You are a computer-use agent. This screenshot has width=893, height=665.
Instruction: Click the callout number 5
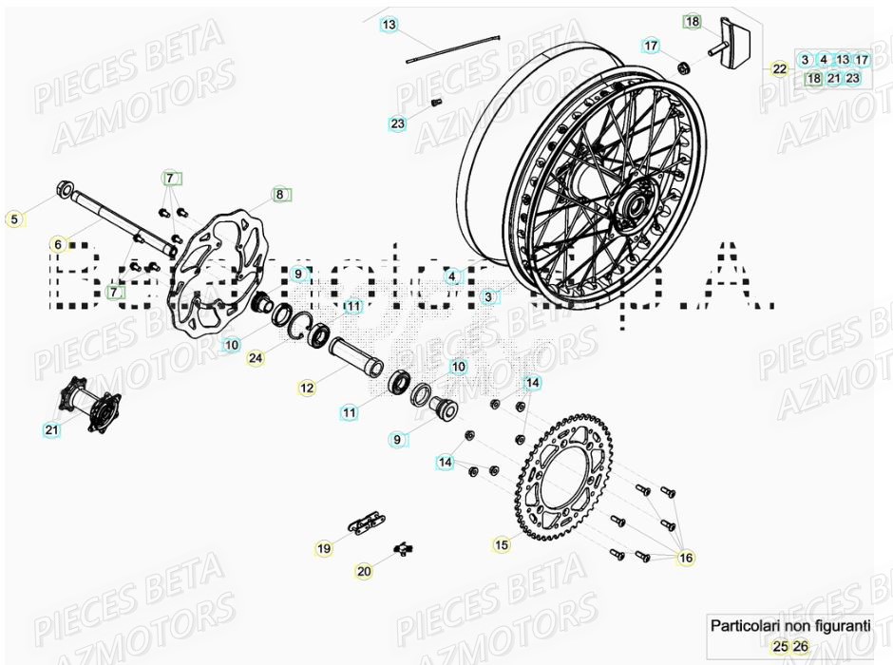coord(13,219)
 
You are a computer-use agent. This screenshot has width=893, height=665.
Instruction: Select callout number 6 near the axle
coord(58,245)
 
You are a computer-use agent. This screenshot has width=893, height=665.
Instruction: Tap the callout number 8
coord(279,195)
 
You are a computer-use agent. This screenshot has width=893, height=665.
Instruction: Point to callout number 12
coord(306,388)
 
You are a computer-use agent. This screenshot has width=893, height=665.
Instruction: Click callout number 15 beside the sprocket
coord(502,544)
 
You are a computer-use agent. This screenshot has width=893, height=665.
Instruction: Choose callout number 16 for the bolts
coord(686,559)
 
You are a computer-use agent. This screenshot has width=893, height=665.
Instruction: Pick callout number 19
coord(324,548)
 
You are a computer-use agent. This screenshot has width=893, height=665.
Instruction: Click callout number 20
coord(365,571)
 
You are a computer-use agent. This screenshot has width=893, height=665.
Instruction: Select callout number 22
coord(779,69)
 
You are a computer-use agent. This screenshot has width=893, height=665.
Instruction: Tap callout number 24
coord(255,358)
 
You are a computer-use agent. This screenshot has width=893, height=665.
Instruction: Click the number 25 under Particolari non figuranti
coord(780,647)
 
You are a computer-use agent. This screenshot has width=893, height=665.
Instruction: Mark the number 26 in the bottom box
coord(801,647)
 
